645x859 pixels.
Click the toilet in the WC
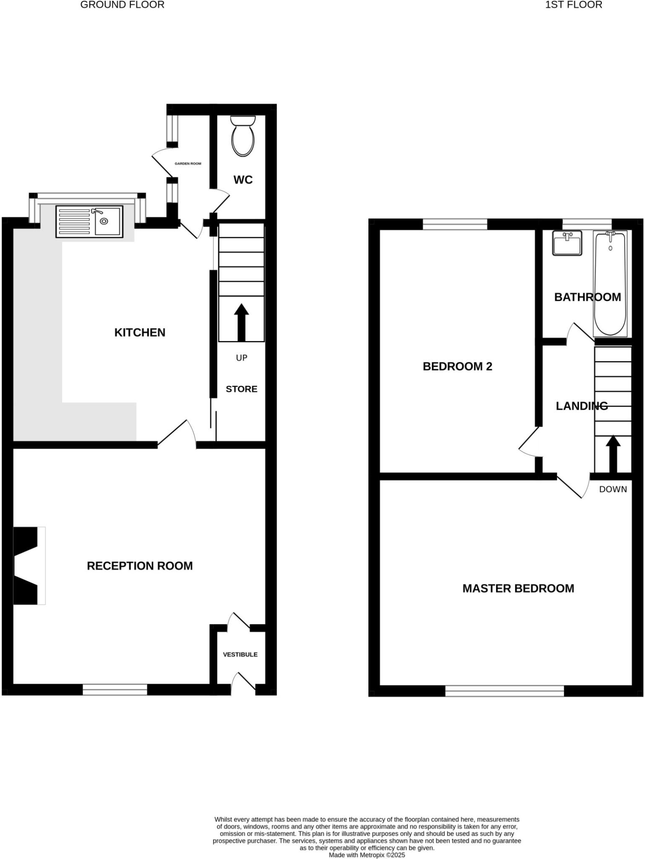243,136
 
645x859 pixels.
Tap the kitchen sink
89,221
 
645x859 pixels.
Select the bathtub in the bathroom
610,284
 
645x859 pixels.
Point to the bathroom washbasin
567,243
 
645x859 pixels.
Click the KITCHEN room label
140,333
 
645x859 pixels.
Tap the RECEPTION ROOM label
140,566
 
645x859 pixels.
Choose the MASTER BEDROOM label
518,588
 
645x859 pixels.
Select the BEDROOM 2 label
457,367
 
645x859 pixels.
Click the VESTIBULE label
240,654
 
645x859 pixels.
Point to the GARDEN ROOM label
188,164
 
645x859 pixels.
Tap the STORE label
242,389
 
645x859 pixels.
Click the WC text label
243,180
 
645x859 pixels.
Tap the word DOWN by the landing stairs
613,489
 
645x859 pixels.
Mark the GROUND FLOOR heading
122,5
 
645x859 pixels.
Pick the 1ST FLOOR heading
573,5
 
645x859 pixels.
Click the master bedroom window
504,691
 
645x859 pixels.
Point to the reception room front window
115,689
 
